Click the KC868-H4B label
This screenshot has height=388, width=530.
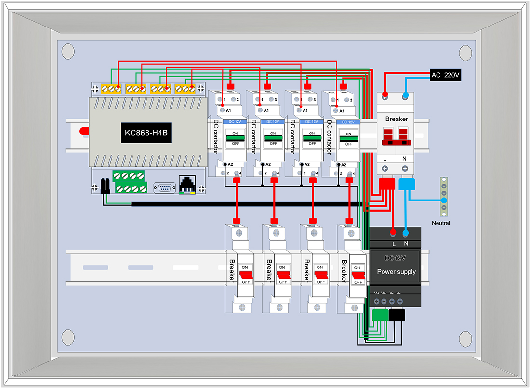pyautogui.click(x=146, y=133)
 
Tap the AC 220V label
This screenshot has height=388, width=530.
pyautogui.click(x=446, y=75)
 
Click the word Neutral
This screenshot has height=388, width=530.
pyautogui.click(x=441, y=223)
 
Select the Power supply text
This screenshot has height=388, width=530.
pyautogui.click(x=396, y=272)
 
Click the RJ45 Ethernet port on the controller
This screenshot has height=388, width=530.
pyautogui.click(x=187, y=185)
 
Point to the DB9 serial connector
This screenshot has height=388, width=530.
pyautogui.click(x=165, y=188)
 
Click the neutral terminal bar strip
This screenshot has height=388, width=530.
pyautogui.click(x=444, y=197)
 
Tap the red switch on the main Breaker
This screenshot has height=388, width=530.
pyautogui.click(x=396, y=136)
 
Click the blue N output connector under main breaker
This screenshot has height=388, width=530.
pyautogui.click(x=407, y=184)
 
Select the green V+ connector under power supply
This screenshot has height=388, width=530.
pyautogui.click(x=380, y=315)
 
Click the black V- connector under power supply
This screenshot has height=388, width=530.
pyautogui.click(x=397, y=315)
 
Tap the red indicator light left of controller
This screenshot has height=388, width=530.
pyautogui.click(x=84, y=131)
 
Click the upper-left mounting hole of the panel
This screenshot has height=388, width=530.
pyautogui.click(x=68, y=52)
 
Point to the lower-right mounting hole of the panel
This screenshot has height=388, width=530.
pyautogui.click(x=465, y=339)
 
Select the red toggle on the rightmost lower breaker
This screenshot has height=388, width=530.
pyautogui.click(x=358, y=276)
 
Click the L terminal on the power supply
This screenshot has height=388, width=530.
pyautogui.click(x=393, y=233)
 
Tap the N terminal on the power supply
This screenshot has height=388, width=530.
pyautogui.click(x=406, y=233)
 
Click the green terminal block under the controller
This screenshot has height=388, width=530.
pyautogui.click(x=130, y=182)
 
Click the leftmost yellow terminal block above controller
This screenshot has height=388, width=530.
pyautogui.click(x=111, y=89)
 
